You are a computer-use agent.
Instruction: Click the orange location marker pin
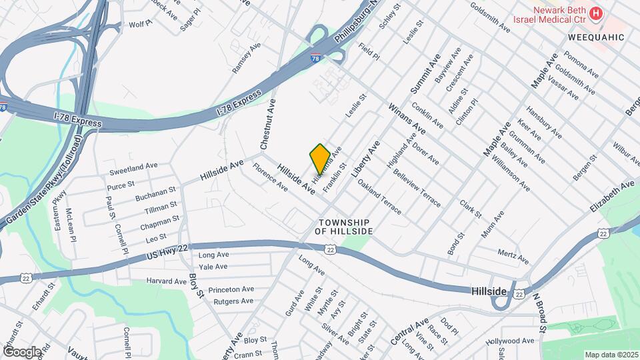coord(320,159)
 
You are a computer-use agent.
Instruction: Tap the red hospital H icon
coord(597,13)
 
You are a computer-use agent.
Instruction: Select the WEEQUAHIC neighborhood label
coord(597,37)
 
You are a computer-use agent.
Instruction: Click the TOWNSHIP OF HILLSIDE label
coord(344,226)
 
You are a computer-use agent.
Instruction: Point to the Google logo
coord(22,351)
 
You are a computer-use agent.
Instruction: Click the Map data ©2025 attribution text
coord(611,355)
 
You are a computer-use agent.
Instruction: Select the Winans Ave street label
coord(406,118)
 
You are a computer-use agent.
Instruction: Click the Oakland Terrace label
coord(379,196)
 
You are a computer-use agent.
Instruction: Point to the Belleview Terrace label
coord(417,189)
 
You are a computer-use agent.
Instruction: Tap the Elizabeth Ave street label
coord(612,197)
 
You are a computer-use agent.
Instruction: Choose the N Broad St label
coord(539,313)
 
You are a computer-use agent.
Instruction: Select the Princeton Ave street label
coord(231,290)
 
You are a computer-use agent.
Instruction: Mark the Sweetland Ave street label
coord(133,165)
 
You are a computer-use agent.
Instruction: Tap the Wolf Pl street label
coord(141,24)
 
